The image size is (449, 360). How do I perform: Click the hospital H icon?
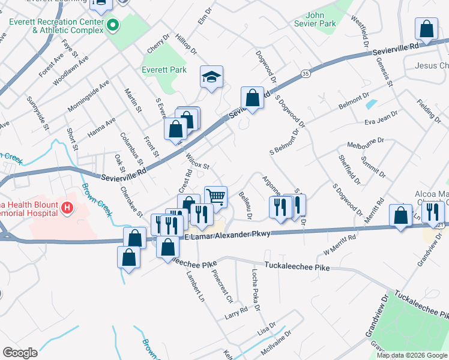tap(67, 208)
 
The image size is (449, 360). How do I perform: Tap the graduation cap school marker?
tap(211, 77)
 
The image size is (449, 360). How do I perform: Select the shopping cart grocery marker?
tap(215, 196)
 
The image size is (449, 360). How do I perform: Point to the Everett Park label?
tap(164, 70)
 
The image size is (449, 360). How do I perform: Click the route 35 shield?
tap(306, 73)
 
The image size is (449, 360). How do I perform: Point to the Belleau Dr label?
tap(245, 203)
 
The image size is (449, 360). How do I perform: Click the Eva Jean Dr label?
tap(381, 118)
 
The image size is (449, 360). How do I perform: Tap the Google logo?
tap(20, 353)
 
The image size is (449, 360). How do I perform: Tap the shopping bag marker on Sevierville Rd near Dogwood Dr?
tap(252, 98)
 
